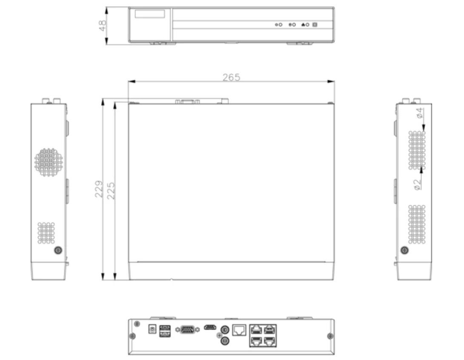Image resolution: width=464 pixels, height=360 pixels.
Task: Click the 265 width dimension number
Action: (x=231, y=77)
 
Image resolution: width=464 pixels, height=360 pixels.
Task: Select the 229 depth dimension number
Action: (x=98, y=189)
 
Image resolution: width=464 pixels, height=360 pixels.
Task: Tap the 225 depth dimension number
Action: (x=111, y=190)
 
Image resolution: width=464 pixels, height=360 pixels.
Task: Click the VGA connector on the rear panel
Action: (x=188, y=329)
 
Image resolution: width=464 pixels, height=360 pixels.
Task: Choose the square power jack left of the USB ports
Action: (x=151, y=329)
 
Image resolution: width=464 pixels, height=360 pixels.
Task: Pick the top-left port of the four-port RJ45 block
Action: (x=257, y=329)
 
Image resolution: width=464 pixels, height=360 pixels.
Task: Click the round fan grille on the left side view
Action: (x=48, y=162)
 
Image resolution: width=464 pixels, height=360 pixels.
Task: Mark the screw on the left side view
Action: (x=58, y=250)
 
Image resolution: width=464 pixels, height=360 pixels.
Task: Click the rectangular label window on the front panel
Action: (x=150, y=14)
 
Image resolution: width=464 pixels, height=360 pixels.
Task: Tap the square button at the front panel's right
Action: (x=315, y=25)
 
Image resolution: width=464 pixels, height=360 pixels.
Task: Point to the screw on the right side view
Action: (x=404, y=250)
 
